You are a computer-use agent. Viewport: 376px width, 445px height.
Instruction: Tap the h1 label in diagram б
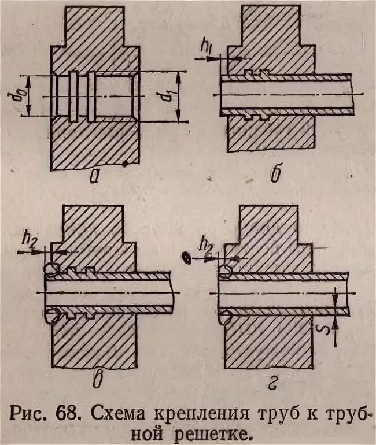(209, 46)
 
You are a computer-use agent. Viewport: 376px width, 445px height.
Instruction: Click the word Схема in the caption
(119, 414)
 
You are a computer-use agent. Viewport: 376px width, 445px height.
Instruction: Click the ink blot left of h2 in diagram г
(186, 258)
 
